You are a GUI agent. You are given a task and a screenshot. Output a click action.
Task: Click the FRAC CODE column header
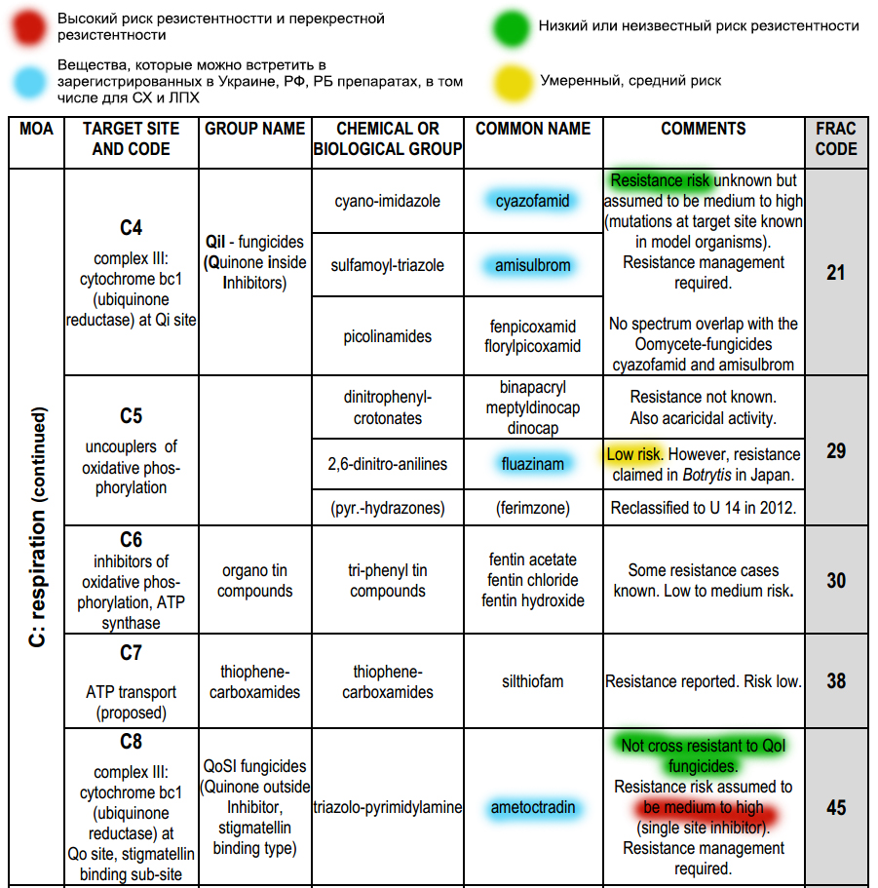tap(836, 139)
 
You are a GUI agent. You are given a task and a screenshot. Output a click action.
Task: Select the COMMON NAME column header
tap(533, 129)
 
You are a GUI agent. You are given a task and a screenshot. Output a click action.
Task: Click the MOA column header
tap(36, 129)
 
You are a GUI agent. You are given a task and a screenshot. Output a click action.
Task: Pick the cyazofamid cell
tap(533, 202)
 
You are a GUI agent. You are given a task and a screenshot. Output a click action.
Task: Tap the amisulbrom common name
tap(533, 265)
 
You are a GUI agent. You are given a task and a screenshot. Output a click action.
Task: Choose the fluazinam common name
tap(533, 464)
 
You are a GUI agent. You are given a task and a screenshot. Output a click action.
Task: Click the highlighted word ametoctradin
tap(533, 807)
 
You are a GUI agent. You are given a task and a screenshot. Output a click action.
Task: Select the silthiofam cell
tap(533, 681)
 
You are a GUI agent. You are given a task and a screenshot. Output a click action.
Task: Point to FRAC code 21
tap(836, 273)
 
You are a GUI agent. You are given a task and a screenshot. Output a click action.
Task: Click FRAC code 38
tap(836, 681)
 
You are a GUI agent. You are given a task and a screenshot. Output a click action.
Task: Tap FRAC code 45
tap(836, 808)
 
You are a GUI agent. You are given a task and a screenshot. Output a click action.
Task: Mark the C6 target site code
tap(132, 540)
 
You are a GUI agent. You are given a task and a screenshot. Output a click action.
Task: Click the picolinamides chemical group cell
tap(388, 336)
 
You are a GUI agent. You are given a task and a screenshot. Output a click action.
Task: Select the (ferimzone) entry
tap(533, 508)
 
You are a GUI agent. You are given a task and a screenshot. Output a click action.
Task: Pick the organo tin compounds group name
tap(255, 581)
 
